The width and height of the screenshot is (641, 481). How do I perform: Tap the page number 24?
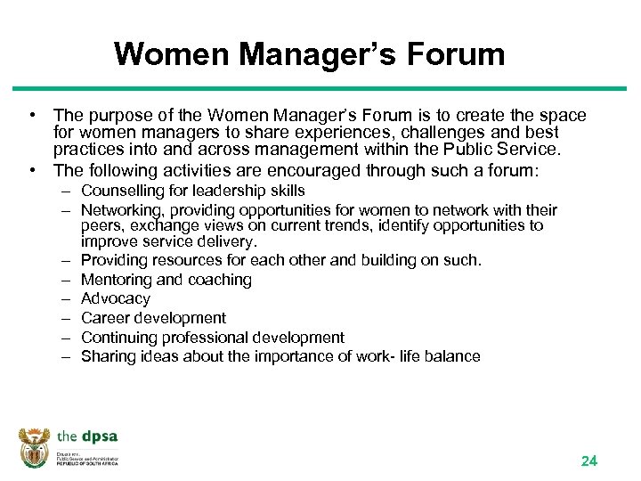click(588, 461)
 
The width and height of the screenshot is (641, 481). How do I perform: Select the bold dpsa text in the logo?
click(99, 437)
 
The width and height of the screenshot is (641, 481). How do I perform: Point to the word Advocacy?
click(116, 298)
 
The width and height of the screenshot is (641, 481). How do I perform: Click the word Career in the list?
click(103, 318)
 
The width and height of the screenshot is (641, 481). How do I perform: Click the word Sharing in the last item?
click(107, 356)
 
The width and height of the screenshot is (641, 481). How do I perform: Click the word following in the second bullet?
click(118, 170)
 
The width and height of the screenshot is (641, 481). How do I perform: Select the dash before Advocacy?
click(67, 298)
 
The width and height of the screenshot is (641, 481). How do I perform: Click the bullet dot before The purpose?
click(31, 116)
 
